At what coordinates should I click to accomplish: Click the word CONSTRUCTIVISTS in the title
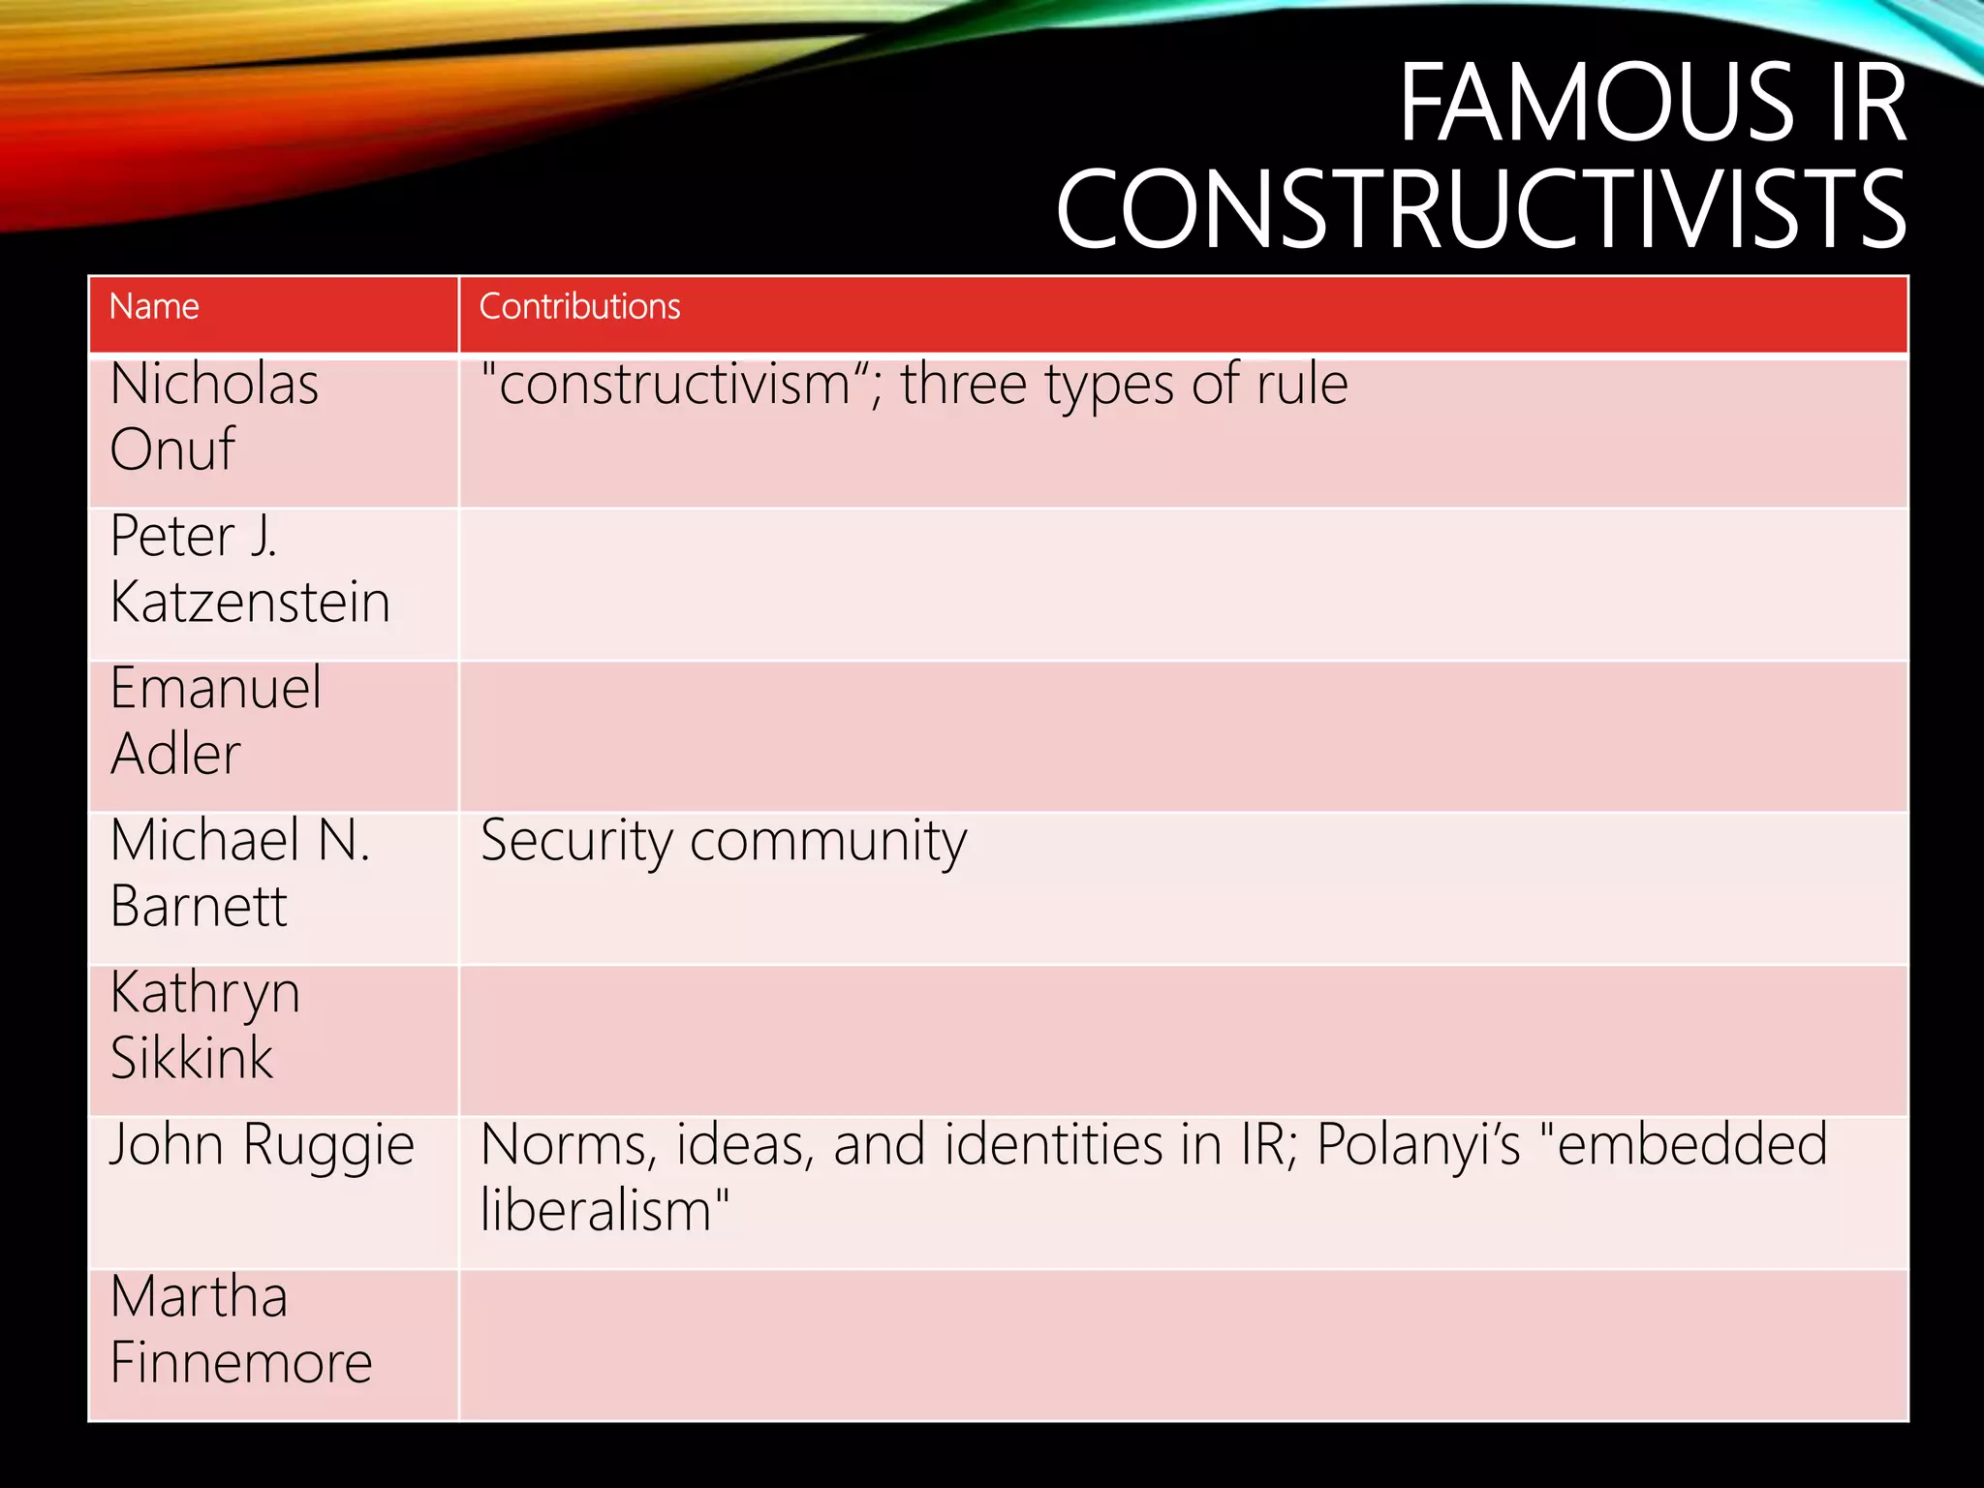point(1481,208)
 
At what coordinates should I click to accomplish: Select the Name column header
point(154,306)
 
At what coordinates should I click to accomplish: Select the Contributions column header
point(579,306)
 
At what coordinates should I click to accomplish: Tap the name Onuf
point(172,449)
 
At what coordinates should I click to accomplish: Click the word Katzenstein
point(250,602)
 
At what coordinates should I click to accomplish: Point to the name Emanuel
point(215,688)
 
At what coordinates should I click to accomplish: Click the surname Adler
point(175,754)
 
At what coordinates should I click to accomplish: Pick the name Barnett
point(199,906)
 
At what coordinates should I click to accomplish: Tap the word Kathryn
point(205,993)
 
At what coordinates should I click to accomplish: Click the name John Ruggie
point(262,1145)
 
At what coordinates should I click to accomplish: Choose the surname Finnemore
point(241,1362)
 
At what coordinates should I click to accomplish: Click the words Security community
point(724,841)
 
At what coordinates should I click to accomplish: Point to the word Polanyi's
point(1418,1145)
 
